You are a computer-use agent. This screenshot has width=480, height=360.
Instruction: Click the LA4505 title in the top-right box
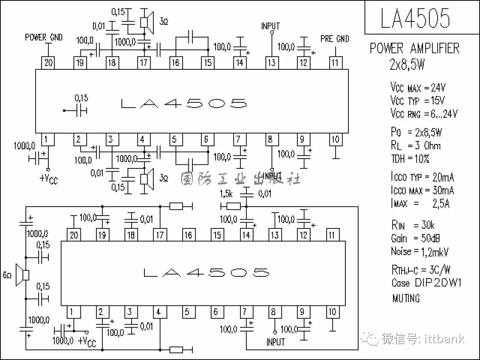415,18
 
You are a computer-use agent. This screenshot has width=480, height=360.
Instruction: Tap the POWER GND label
44,37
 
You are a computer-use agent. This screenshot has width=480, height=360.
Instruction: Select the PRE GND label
335,39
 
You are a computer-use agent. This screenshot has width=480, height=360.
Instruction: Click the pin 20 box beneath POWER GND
48,63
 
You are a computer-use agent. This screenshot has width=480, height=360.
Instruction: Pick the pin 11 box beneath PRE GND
335,63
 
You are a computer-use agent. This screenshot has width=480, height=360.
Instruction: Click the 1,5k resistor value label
226,194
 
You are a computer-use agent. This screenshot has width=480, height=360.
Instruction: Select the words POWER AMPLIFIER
415,48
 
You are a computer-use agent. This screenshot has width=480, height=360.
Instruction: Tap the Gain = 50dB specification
415,238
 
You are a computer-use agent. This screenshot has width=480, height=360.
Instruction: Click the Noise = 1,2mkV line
420,252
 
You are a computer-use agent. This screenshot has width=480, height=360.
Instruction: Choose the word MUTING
406,298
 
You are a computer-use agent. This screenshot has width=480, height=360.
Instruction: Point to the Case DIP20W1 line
426,282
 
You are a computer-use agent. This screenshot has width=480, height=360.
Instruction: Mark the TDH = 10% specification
410,159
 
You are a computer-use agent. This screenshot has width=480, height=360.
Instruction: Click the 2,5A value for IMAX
441,203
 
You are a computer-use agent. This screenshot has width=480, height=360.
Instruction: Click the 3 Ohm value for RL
428,145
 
